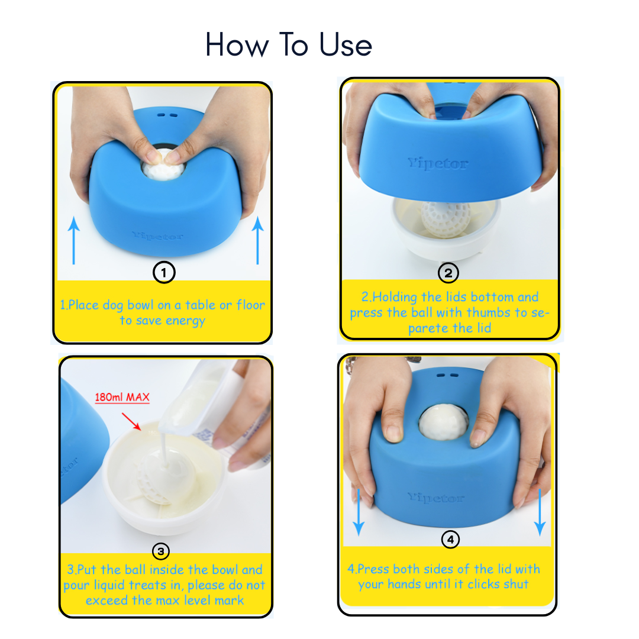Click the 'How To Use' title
289,45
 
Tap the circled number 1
163,272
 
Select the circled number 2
448,273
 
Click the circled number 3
161,551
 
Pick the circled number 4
450,539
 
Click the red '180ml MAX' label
122,398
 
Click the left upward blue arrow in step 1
73,240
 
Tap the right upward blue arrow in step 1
257,240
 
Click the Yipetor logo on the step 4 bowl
436,498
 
